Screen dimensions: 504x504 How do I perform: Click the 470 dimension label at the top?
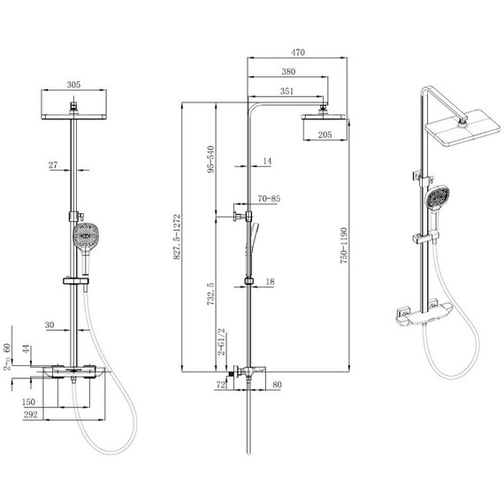298,52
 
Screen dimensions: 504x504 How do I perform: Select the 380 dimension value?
288,72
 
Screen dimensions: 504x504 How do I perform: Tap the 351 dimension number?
286,91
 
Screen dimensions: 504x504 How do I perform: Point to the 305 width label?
73,85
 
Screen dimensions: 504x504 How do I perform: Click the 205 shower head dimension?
325,134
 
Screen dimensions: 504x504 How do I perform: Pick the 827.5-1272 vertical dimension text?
177,237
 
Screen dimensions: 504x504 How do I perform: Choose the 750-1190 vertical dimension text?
344,246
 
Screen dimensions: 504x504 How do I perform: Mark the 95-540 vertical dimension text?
210,159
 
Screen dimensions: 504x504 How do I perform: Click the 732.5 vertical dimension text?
210,294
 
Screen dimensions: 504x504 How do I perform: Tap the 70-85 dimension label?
269,199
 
